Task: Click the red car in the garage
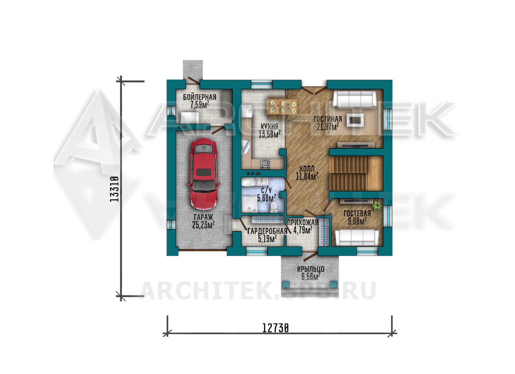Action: pos(203,174)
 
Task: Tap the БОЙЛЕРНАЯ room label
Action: pos(199,97)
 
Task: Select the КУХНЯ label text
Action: pos(269,126)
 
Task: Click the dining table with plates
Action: pos(283,107)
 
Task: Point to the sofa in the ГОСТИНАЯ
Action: pos(355,99)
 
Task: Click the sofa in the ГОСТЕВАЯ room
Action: pos(357,238)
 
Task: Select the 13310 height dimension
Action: pos(114,189)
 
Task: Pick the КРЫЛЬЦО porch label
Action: pos(310,269)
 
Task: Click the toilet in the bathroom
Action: pos(274,207)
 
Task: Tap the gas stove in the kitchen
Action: pos(265,164)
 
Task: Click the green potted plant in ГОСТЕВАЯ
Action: pos(377,206)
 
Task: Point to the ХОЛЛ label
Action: pos(307,169)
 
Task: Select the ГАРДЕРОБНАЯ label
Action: pos(267,231)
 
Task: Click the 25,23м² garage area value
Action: pos(203,225)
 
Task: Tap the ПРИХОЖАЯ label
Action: pos(302,223)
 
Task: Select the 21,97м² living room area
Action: pos(328,126)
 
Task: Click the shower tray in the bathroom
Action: pos(249,205)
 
